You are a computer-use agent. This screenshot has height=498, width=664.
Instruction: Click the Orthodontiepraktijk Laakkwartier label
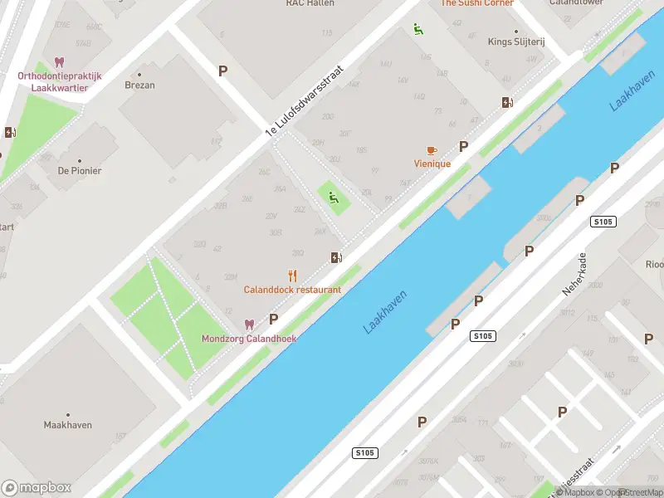[59, 81]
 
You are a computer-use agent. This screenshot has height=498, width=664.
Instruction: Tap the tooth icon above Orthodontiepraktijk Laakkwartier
[59, 62]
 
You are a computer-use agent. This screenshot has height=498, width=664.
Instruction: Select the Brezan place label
[139, 85]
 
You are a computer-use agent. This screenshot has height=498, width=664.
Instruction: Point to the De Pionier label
[80, 171]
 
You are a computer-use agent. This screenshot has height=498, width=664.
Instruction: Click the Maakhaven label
[68, 425]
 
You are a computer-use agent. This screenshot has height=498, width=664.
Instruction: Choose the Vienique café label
[432, 164]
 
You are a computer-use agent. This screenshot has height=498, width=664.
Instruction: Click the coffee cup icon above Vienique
[431, 150]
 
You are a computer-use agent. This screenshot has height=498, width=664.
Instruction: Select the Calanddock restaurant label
[292, 290]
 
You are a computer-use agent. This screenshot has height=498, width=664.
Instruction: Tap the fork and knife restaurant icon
[292, 276]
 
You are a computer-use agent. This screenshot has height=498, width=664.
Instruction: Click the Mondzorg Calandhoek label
[249, 339]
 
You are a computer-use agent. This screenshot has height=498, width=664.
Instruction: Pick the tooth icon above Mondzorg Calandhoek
[248, 325]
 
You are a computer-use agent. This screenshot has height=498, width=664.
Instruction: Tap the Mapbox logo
[37, 488]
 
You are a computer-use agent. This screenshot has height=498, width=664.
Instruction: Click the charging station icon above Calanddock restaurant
[335, 257]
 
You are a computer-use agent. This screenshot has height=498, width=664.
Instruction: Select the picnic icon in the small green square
[334, 198]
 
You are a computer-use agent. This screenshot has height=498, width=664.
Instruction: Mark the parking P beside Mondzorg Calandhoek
[273, 320]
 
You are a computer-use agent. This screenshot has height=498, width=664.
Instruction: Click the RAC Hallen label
[310, 3]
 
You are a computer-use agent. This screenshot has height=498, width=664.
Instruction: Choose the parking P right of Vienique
[463, 146]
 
